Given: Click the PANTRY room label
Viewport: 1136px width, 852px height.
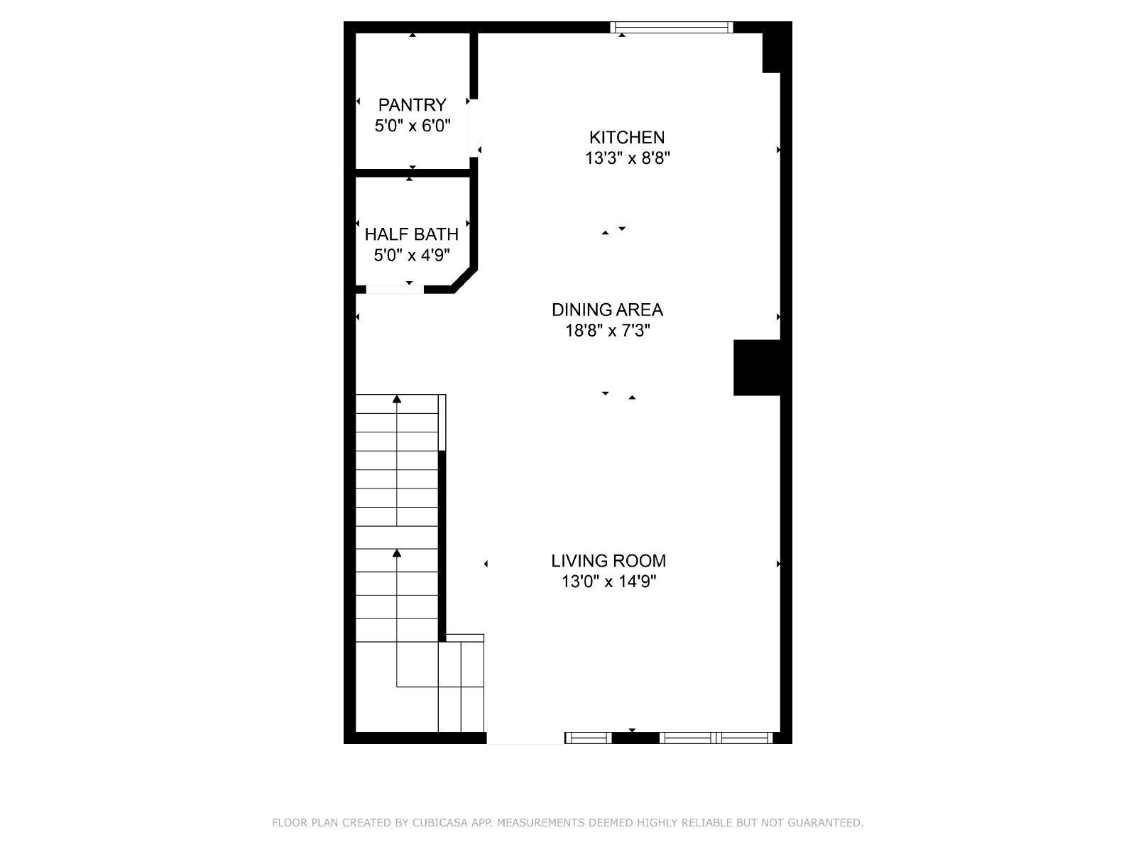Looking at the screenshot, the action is (x=412, y=105).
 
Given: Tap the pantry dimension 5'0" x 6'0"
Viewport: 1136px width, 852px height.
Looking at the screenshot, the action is (x=413, y=126).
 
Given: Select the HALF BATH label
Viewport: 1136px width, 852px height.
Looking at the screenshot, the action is (x=411, y=234).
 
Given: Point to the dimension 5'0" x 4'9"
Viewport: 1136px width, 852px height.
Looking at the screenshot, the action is (x=411, y=255).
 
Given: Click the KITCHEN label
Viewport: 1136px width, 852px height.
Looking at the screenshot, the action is (x=627, y=138).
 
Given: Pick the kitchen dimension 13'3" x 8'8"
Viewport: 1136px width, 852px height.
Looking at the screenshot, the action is (x=627, y=158).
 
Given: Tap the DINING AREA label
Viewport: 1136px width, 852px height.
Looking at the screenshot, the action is (x=607, y=310).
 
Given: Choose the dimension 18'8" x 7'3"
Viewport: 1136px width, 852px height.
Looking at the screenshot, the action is (x=607, y=330).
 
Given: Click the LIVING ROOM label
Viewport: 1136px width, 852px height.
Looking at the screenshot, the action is (x=608, y=561).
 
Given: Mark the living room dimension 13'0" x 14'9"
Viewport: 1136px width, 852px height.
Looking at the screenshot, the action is (x=608, y=581).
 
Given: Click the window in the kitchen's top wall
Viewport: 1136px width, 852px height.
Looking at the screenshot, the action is (x=671, y=28).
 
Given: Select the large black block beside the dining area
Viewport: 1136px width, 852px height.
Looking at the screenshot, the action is (x=757, y=368).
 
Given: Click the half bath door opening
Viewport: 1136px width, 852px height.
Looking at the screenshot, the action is (x=395, y=290).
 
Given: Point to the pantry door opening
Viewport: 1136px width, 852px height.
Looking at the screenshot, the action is (x=474, y=128).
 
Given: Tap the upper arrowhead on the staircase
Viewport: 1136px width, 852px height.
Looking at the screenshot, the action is (x=397, y=399).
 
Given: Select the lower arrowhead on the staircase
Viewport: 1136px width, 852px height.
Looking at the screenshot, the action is (x=397, y=553).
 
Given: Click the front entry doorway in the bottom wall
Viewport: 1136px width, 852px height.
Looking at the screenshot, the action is (x=525, y=738).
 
